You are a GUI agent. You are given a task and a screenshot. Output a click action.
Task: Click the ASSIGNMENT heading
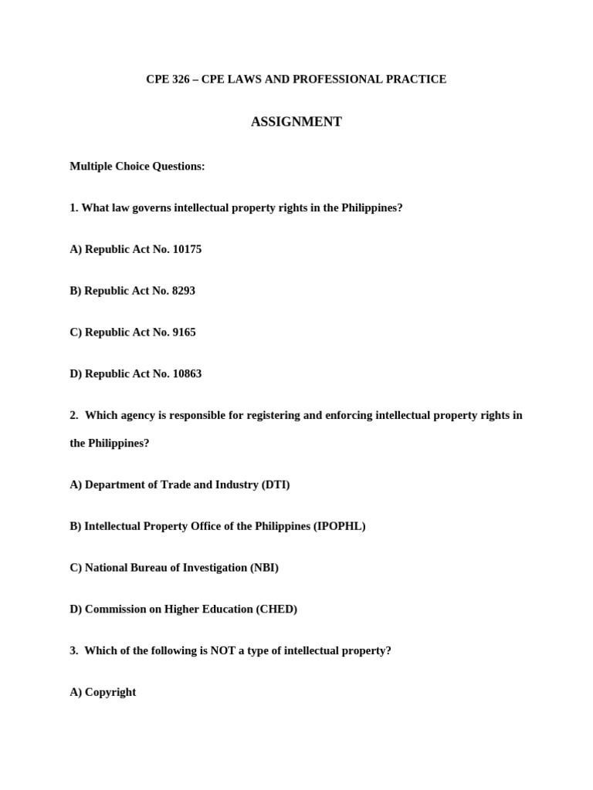pyautogui.click(x=296, y=122)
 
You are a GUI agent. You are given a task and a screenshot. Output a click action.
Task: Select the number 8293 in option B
pyautogui.click(x=183, y=291)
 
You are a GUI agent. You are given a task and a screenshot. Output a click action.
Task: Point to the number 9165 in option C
pyautogui.click(x=184, y=333)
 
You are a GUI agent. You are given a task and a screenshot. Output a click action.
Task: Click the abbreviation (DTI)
pyautogui.click(x=276, y=485)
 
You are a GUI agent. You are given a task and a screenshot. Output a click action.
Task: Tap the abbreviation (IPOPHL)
pyautogui.click(x=339, y=527)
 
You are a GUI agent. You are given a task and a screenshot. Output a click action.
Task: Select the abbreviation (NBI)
pyautogui.click(x=264, y=568)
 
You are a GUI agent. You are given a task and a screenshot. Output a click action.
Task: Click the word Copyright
pyautogui.click(x=110, y=693)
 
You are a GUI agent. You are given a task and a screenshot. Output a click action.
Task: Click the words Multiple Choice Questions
pyautogui.click(x=137, y=167)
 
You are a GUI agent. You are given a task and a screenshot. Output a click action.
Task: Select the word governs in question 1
pyautogui.click(x=152, y=208)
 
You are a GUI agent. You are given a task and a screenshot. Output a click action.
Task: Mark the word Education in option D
pyautogui.click(x=231, y=609)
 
